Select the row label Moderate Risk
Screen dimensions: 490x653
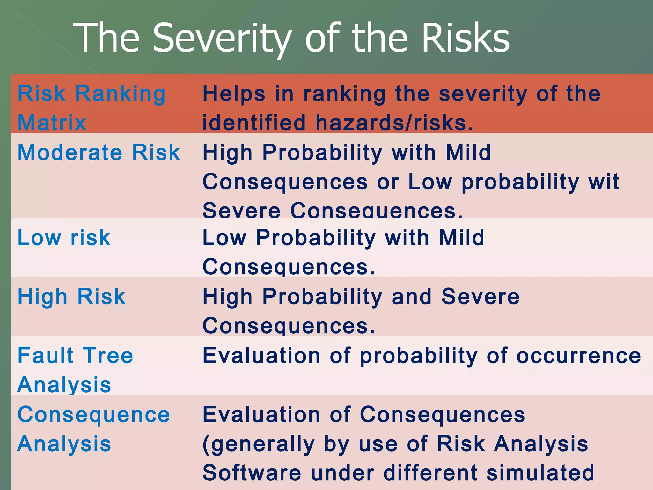99,152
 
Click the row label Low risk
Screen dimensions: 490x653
64,238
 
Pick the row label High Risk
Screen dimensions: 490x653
71,297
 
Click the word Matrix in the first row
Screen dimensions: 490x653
52,122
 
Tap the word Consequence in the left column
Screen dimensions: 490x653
94,415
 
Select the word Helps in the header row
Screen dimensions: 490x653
234,94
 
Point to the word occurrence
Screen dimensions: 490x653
578,356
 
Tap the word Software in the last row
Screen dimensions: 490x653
252,473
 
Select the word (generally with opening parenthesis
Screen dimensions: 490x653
259,444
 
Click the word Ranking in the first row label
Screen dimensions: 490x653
120,94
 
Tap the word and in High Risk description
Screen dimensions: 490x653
411,297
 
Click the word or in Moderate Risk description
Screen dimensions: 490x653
388,182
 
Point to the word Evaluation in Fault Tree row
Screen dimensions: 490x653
261,356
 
